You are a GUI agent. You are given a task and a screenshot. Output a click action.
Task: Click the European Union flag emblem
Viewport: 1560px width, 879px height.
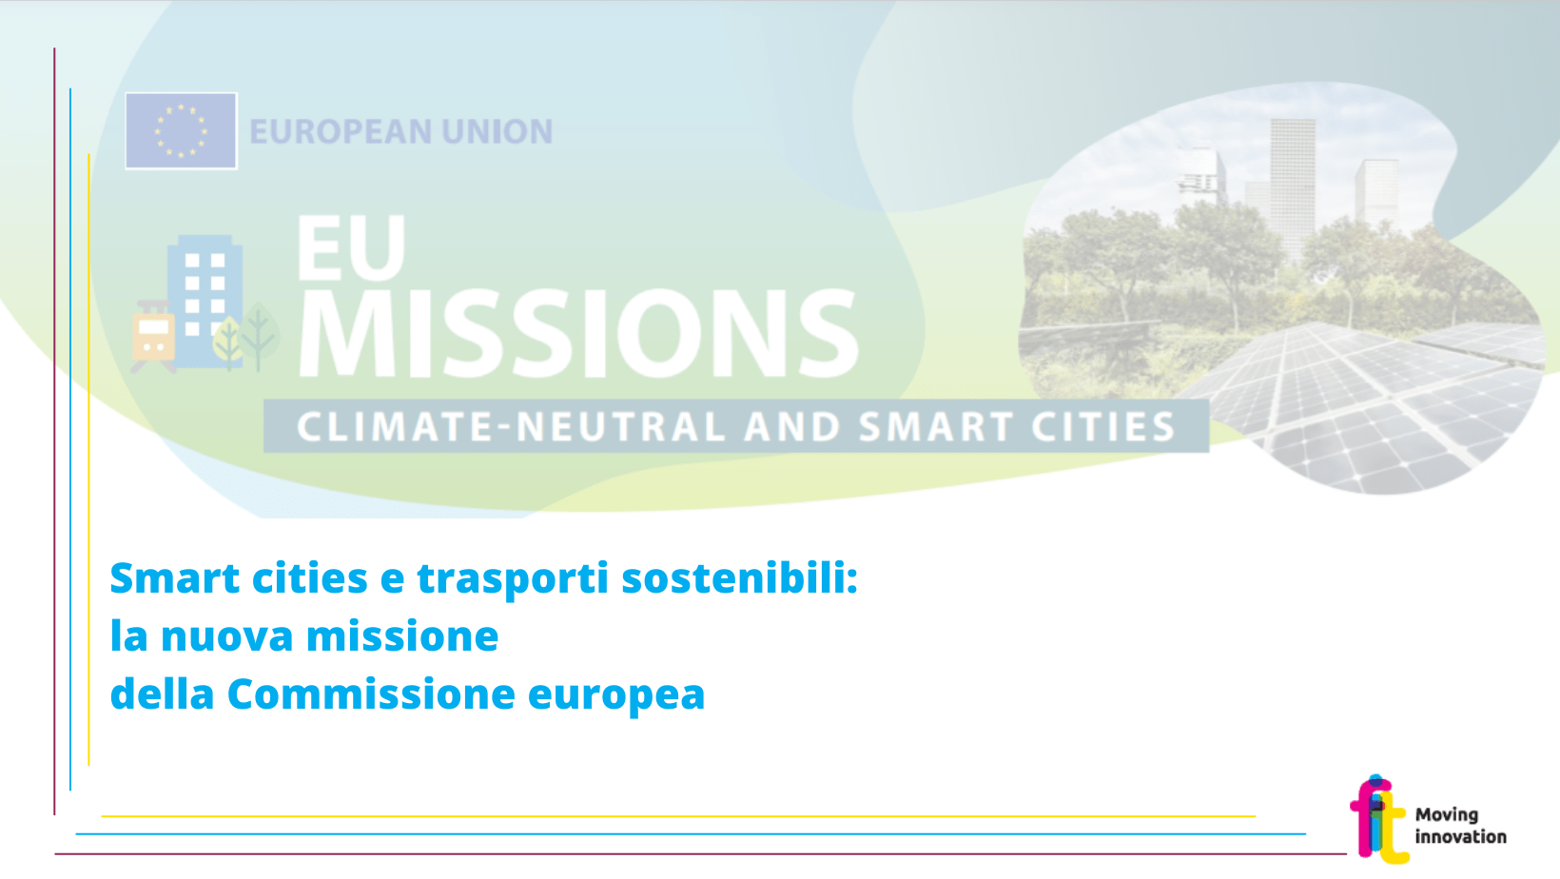point(181,131)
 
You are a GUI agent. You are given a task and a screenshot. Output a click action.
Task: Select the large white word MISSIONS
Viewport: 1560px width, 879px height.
point(579,333)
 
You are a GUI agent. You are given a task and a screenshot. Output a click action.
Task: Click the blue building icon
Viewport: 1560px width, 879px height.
point(205,301)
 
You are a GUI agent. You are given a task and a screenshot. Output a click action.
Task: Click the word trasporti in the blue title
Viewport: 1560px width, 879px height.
point(513,579)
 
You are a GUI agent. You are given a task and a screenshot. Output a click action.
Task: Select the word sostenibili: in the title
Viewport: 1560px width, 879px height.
point(740,578)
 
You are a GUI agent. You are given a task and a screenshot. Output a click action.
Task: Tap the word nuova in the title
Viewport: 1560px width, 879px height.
point(227,636)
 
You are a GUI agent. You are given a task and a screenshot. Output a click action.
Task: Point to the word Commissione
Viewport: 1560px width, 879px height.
point(371,694)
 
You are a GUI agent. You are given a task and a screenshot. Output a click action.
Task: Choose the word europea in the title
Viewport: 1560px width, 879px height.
point(616,696)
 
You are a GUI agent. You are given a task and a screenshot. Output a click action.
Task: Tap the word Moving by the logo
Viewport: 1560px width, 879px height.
point(1447,815)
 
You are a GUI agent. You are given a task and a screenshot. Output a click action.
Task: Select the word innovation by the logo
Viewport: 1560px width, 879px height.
point(1461,836)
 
